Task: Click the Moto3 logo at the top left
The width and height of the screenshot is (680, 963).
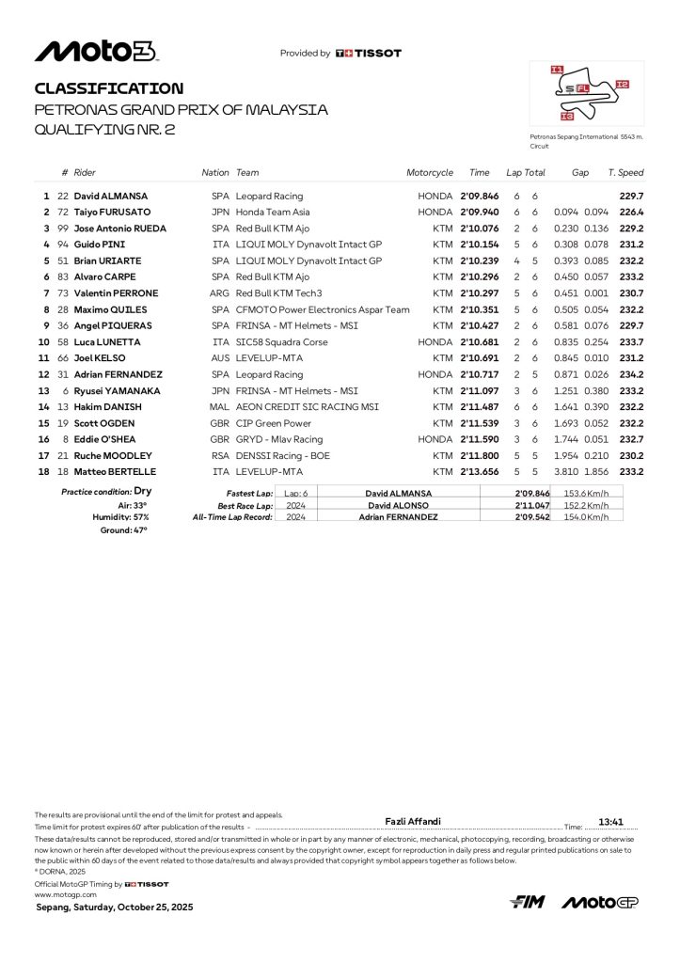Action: click(x=95, y=52)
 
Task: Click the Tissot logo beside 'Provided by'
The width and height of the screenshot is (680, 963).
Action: click(x=368, y=54)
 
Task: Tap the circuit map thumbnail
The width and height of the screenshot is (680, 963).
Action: click(x=586, y=95)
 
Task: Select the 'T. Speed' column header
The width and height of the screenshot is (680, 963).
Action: click(x=625, y=173)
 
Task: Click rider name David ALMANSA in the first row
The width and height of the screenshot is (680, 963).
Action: click(x=113, y=197)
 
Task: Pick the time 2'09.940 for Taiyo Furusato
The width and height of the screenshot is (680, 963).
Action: click(x=479, y=213)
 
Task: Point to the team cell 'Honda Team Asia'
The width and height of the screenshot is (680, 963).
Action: click(x=273, y=213)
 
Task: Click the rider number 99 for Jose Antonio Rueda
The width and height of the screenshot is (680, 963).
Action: click(x=63, y=229)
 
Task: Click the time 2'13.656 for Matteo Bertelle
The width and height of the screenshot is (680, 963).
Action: click(x=479, y=471)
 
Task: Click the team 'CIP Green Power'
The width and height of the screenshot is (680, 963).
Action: click(x=273, y=423)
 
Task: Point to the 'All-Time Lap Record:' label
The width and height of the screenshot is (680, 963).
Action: click(x=232, y=517)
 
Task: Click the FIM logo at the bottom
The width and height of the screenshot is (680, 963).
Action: click(x=527, y=903)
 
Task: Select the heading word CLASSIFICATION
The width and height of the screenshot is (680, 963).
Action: click(x=109, y=88)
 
